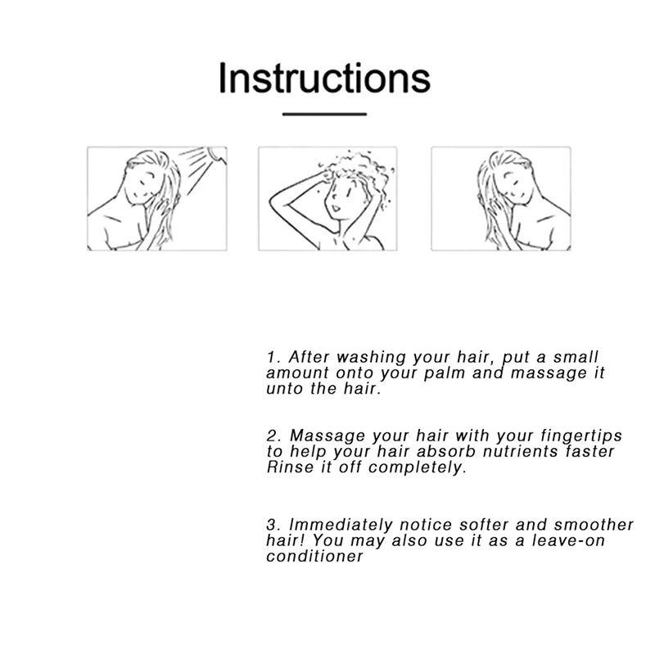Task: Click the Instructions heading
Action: point(324,78)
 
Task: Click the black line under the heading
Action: point(324,114)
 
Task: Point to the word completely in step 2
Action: point(417,468)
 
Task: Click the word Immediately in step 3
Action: point(341,525)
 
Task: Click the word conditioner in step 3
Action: point(314,556)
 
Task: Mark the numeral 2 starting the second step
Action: point(273,436)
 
